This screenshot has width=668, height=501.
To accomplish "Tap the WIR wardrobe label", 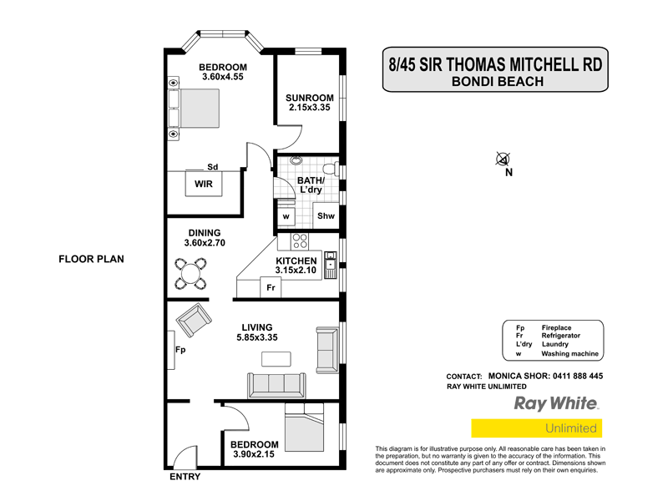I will [x=204, y=183].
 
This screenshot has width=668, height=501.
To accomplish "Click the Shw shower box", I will [x=326, y=216].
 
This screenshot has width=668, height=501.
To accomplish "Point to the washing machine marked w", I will [x=286, y=216].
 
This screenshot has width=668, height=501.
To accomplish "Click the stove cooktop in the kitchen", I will [x=300, y=242].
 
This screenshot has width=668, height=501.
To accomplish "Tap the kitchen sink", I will [x=331, y=267].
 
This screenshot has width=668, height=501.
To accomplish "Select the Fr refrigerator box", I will [x=271, y=288].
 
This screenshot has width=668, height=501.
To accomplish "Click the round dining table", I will [x=191, y=272].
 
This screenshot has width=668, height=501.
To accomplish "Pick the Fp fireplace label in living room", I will [x=180, y=351].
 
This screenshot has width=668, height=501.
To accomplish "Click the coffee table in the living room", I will [x=276, y=359].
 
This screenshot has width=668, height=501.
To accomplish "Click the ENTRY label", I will [x=185, y=478].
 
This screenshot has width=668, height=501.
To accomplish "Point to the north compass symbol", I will [x=504, y=159].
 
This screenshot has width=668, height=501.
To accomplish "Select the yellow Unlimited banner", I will [x=536, y=428].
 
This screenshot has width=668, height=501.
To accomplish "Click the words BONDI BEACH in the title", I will [x=497, y=81].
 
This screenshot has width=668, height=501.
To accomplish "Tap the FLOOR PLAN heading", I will [x=91, y=259].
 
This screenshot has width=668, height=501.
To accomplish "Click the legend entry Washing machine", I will [x=569, y=354].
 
